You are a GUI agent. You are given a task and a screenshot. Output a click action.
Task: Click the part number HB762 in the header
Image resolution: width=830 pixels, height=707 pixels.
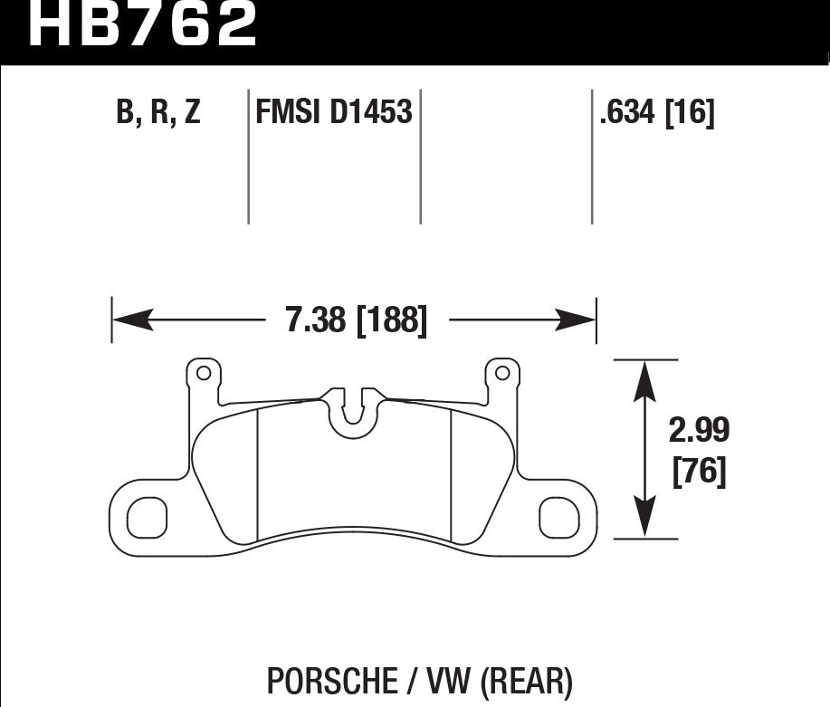(144, 24)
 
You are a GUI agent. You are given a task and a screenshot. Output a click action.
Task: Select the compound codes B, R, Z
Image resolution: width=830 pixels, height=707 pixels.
(157, 113)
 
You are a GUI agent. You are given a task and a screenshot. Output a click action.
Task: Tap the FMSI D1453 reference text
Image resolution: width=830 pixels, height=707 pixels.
(334, 113)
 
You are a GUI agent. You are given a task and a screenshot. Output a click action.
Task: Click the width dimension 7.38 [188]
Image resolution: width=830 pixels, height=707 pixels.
(356, 320)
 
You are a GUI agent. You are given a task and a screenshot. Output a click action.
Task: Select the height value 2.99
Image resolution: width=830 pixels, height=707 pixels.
(698, 430)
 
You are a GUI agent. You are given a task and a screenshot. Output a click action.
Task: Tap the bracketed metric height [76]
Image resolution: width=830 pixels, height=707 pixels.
(699, 473)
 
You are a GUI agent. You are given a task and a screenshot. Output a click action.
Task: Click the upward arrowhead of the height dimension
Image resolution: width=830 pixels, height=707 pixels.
(644, 378)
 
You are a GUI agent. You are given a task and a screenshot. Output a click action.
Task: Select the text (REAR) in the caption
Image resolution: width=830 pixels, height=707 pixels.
(527, 681)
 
